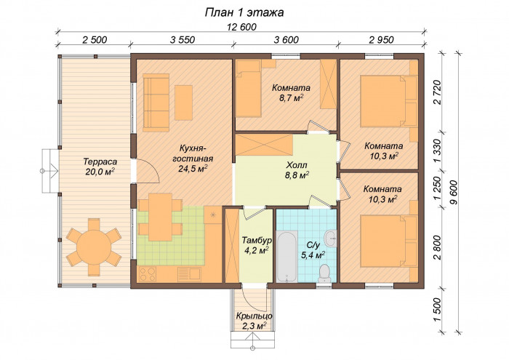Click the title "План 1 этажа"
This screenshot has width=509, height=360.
[x=244, y=12]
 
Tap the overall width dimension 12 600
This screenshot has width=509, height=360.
[x=241, y=27]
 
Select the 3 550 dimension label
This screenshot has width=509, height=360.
[x=183, y=39]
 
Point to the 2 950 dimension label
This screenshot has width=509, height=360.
[x=382, y=39]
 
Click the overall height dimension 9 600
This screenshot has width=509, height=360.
[x=454, y=192]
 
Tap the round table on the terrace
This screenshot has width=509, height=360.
[x=94, y=247]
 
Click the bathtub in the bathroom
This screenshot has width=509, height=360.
[x=287, y=256]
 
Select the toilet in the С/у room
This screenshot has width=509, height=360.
[x=324, y=273]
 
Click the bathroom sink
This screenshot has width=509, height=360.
[x=331, y=239]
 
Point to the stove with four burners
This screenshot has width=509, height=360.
[x=147, y=274]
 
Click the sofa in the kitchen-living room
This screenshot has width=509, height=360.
[x=156, y=103]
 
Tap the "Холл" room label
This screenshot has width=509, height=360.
[x=297, y=165]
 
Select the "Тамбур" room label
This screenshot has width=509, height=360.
[x=257, y=241]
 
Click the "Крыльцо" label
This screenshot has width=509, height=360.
[x=254, y=316]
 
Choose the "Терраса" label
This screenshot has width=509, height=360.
[x=100, y=161]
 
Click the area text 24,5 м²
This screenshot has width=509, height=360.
[x=193, y=169]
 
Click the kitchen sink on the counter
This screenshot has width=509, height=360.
[x=190, y=274]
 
